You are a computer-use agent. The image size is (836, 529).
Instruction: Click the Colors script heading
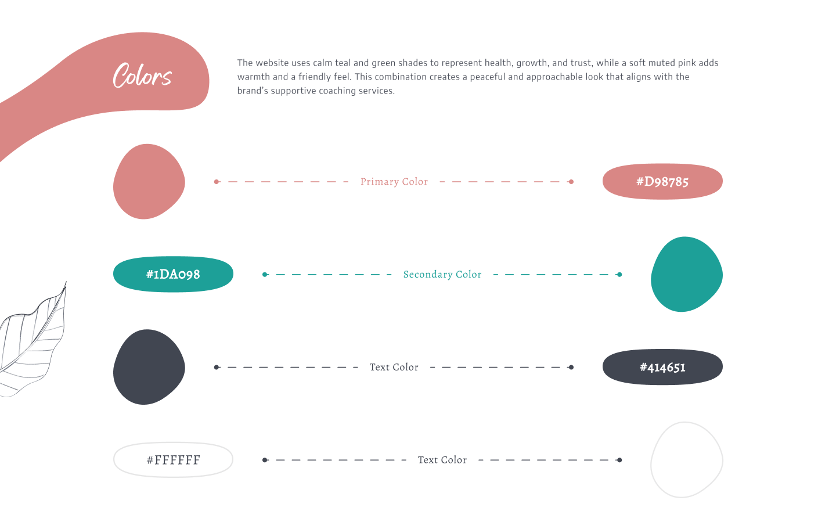click(142, 76)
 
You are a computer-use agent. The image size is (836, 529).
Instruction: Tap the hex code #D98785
click(662, 182)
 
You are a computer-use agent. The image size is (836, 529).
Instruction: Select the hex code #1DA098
click(173, 275)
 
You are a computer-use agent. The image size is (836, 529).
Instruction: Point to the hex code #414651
click(662, 368)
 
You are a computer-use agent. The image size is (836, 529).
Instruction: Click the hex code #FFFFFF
click(173, 460)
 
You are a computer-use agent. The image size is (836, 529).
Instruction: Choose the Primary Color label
click(394, 182)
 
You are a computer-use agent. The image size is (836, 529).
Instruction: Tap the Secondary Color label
click(442, 275)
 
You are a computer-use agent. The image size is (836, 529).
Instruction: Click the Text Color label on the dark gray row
click(394, 368)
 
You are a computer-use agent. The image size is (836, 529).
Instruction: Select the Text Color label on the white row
click(442, 460)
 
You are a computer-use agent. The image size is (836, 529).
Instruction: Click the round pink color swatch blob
click(149, 181)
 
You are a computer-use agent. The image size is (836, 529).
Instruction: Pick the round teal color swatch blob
click(687, 275)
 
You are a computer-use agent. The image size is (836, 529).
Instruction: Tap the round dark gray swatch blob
click(149, 367)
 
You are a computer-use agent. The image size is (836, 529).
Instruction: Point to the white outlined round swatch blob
click(651, 460)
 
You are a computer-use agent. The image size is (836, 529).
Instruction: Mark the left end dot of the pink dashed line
click(217, 182)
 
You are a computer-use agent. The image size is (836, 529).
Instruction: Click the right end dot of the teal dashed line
click(619, 275)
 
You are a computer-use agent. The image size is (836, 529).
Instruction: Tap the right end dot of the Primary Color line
click(571, 182)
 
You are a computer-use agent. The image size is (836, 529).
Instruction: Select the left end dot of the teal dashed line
click(265, 275)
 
